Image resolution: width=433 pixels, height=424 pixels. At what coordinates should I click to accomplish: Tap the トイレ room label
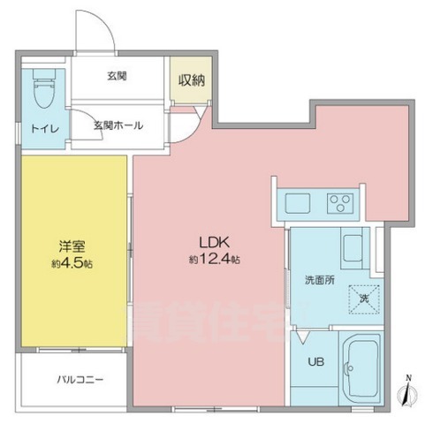click(x=45, y=129)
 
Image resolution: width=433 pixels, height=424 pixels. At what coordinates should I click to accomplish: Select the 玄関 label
click(x=117, y=77)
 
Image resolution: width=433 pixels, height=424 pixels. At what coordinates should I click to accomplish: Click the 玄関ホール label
click(x=118, y=125)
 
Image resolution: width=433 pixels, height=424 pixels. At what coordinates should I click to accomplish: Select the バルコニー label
click(x=81, y=379)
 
